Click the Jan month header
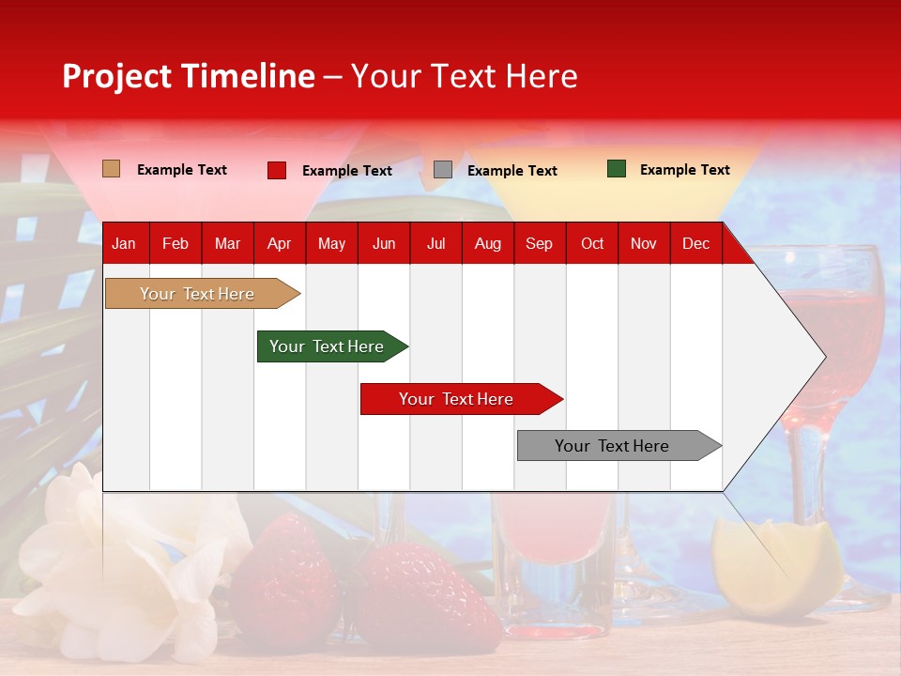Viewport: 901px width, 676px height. [124, 243]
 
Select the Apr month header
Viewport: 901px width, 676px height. [279, 243]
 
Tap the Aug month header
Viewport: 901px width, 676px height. [487, 243]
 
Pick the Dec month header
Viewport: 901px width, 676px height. [695, 243]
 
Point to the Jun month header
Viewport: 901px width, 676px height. [383, 243]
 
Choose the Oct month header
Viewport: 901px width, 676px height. [591, 243]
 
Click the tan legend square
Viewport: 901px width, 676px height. [111, 169]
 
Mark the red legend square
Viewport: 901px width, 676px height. [276, 170]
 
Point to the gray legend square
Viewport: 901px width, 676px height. [442, 170]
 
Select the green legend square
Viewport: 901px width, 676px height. [616, 169]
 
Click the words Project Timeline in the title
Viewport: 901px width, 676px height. [188, 76]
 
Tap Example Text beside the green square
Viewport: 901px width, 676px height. [684, 169]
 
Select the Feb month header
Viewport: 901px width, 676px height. [175, 243]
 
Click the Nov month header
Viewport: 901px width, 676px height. [643, 243]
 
